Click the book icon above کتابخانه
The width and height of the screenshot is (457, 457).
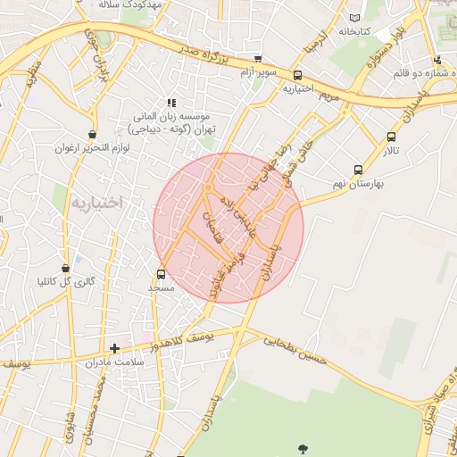tap(356, 18)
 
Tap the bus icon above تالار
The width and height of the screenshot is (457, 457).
tap(391, 137)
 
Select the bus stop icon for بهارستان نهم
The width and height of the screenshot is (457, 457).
tap(358, 170)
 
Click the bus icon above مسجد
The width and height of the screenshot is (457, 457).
tap(161, 274)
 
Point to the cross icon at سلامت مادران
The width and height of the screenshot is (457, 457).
tap(114, 348)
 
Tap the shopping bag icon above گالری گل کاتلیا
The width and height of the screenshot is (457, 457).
tap(65, 268)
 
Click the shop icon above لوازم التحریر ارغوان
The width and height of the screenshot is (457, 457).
tap(92, 134)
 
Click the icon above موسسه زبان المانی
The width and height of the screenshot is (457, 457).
tap(171, 103)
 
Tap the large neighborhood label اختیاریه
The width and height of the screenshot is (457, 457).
tap(94, 203)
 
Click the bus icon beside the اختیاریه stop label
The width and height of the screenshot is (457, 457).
tap(297, 76)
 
